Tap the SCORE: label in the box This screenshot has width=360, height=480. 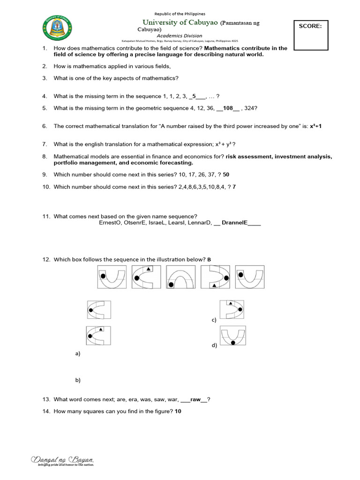tap(310, 27)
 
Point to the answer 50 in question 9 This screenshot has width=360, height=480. tap(226, 174)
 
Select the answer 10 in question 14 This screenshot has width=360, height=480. tap(178, 411)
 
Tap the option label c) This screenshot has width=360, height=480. tap(214, 320)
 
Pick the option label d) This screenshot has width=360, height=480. tap(214, 345)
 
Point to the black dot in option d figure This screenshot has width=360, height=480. tap(233, 343)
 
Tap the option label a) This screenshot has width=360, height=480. tap(78, 354)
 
